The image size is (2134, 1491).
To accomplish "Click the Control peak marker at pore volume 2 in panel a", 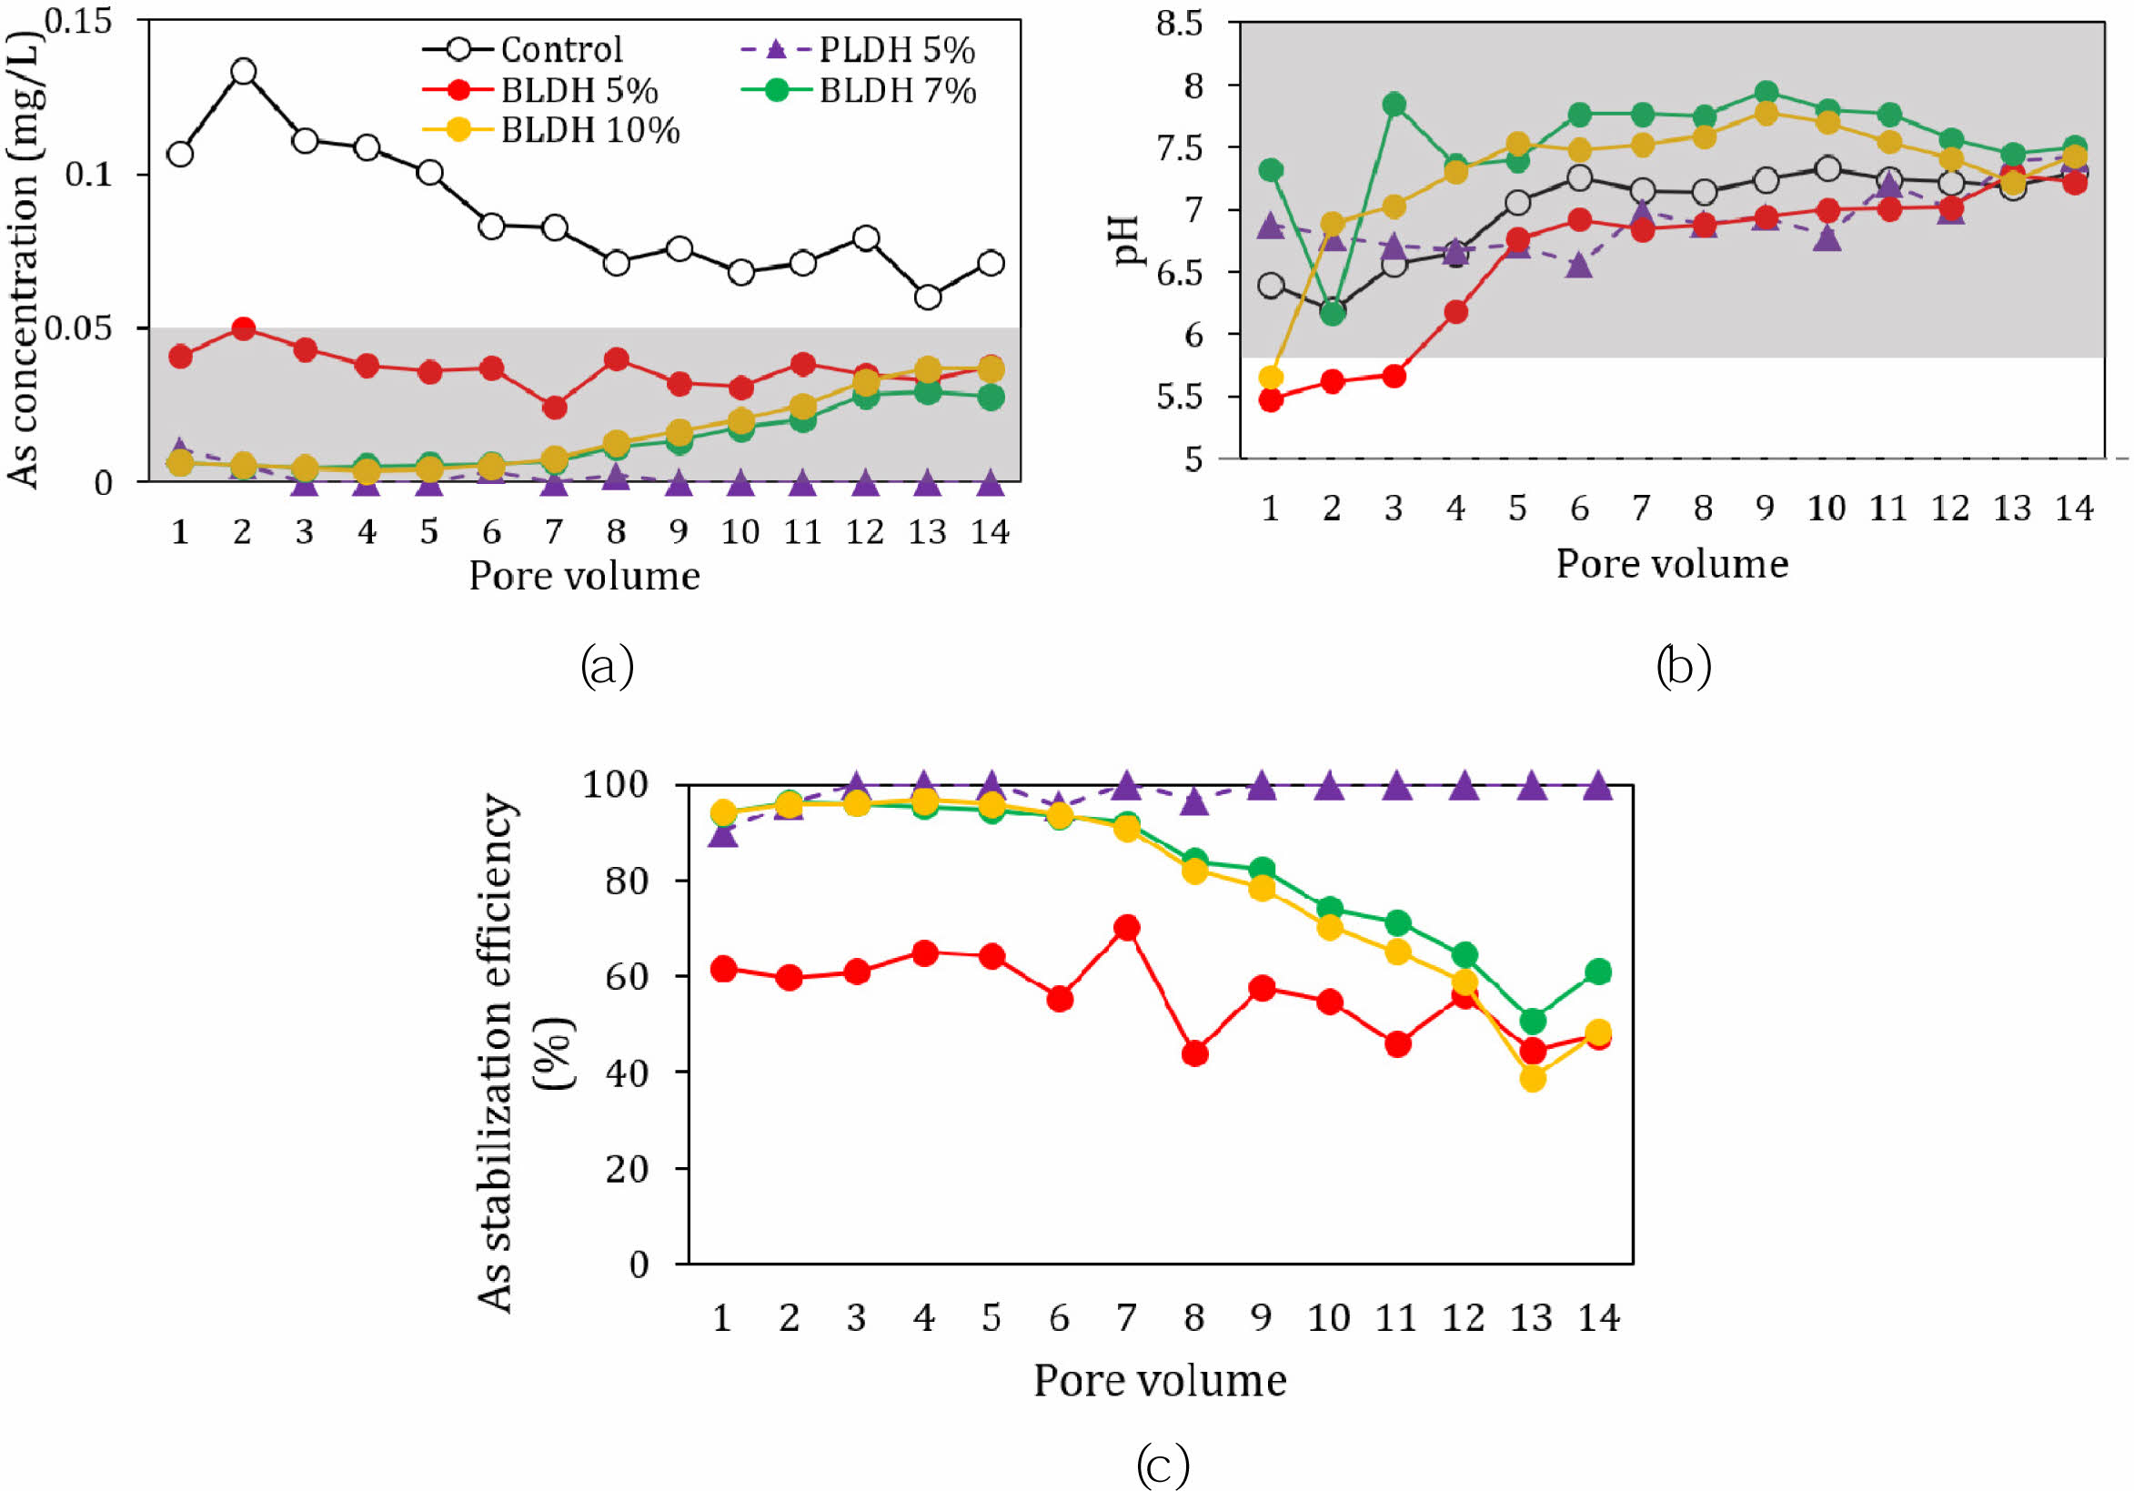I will click(244, 72).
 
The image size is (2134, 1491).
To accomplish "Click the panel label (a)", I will click(607, 667).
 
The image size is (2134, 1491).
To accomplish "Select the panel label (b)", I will click(1683, 667).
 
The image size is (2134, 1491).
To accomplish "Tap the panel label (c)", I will click(1162, 1466).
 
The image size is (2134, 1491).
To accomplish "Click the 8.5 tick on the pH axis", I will click(1179, 24).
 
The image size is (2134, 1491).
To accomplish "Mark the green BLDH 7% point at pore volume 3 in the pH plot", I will click(1394, 104).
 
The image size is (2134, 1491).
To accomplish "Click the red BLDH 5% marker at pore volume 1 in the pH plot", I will click(1271, 400).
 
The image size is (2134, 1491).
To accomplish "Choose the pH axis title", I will click(1127, 240).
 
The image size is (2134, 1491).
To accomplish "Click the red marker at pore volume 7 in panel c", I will click(1126, 927).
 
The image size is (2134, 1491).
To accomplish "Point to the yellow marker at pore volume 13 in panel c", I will click(1533, 1078).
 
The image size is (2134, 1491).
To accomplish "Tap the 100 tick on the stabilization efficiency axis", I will click(614, 784).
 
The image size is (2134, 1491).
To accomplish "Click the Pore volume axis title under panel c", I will click(1160, 1380).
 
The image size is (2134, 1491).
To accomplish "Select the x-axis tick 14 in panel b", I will click(2074, 509).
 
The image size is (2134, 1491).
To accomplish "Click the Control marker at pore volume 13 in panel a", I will click(927, 297).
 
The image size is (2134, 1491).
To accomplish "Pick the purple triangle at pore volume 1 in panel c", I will click(723, 835).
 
